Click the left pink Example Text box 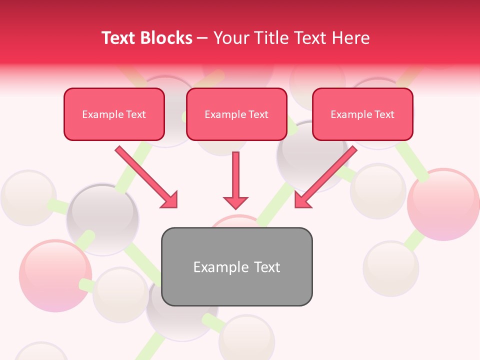pyautogui.click(x=114, y=114)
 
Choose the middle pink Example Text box pyautogui.click(x=236, y=114)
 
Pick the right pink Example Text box pyautogui.click(x=362, y=114)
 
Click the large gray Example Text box pyautogui.click(x=236, y=266)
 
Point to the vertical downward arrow pyautogui.click(x=235, y=177)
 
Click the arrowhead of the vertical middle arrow pyautogui.click(x=235, y=202)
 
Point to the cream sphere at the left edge pyautogui.click(x=27, y=197)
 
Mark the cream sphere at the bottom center pyautogui.click(x=246, y=337)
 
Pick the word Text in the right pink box pyautogui.click(x=384, y=114)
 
